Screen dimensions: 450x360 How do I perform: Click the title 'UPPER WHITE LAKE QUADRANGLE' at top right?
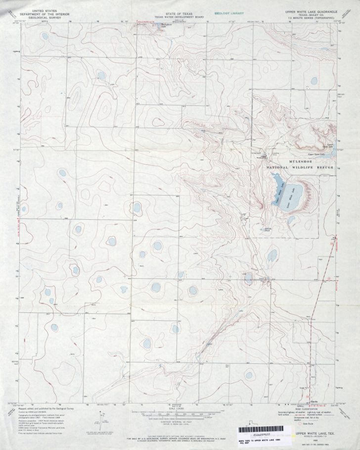click(315, 10)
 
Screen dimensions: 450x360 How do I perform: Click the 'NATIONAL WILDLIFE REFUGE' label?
click(300, 168)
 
